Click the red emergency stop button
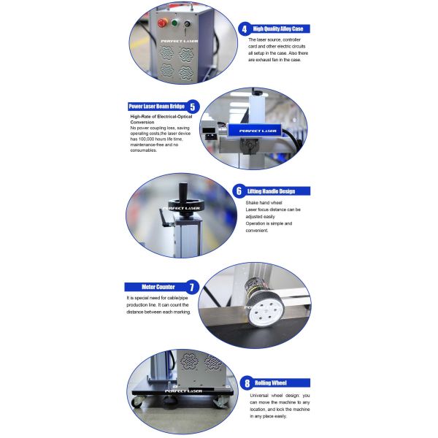[162, 23]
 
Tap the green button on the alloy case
[175, 23]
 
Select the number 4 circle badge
[244, 28]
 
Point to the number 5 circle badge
[193, 106]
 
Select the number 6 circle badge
[238, 191]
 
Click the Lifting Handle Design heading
[277, 191]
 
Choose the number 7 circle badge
[193, 287]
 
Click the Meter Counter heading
[155, 287]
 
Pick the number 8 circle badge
[247, 382]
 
